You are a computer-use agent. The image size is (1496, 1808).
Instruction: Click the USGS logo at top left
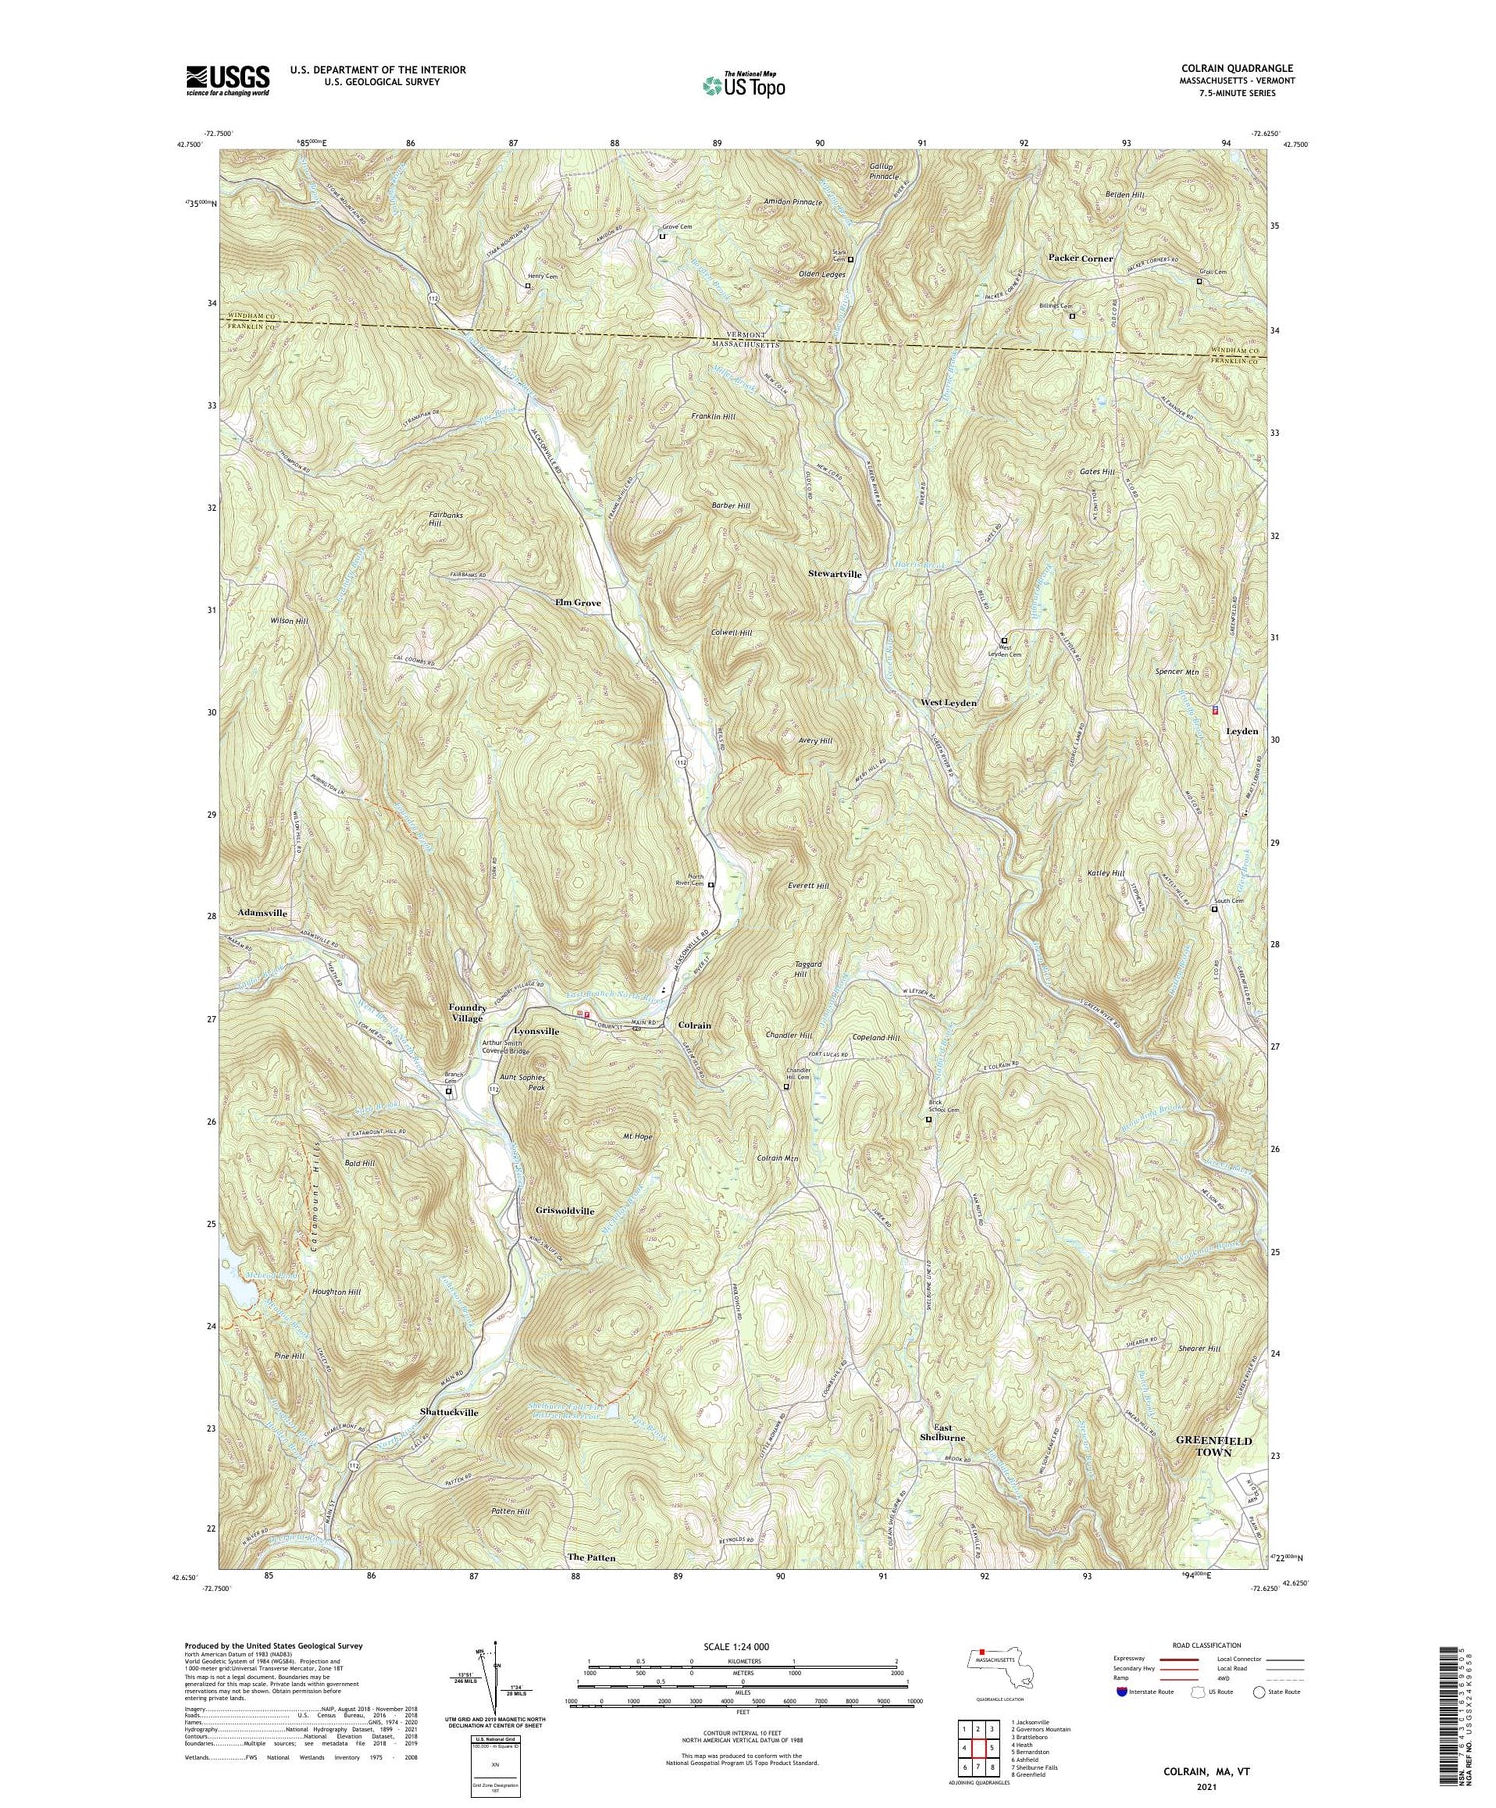[x=227, y=79]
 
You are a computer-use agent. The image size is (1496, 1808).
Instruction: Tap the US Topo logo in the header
[x=743, y=86]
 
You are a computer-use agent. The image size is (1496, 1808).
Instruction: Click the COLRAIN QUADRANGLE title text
[x=1229, y=68]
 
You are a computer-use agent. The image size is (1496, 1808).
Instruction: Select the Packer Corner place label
[x=1080, y=258]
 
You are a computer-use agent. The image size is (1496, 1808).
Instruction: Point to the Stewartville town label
[x=835, y=575]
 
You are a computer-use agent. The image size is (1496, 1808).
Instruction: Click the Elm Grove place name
[x=577, y=603]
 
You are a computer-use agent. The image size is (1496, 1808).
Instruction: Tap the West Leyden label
[x=948, y=703]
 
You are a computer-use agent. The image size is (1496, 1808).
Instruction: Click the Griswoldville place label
[x=564, y=1211]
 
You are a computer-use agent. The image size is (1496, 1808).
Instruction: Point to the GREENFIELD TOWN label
[x=1213, y=1447]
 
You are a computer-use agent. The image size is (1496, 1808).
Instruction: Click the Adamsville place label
[x=262, y=913]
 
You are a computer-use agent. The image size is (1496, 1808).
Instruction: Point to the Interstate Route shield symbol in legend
[x=1122, y=1692]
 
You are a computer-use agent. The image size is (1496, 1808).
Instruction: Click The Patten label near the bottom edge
[x=591, y=1557]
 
